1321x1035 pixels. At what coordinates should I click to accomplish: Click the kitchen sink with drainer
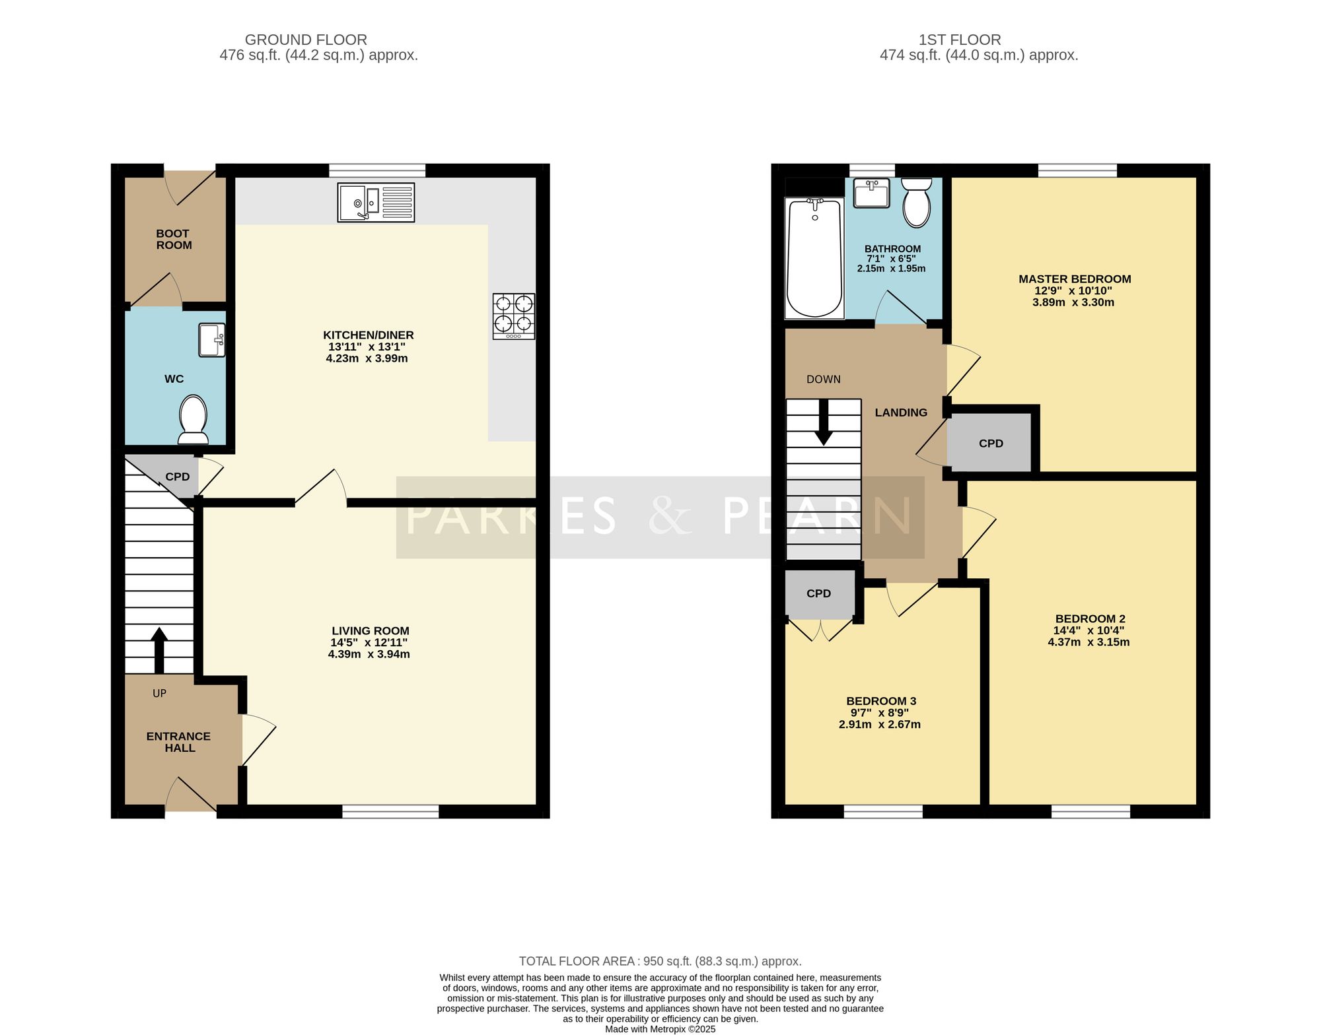(x=376, y=203)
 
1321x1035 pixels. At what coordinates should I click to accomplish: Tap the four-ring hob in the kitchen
(x=514, y=317)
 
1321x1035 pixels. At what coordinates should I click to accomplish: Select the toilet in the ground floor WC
(x=194, y=420)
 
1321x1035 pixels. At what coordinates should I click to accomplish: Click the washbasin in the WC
(x=212, y=340)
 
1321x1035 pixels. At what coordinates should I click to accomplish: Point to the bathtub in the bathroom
(x=814, y=258)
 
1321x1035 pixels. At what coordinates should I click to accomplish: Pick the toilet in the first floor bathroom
(x=916, y=203)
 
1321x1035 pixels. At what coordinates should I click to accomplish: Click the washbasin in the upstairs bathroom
(x=871, y=193)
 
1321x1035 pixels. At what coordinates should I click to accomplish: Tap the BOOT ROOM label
(x=174, y=240)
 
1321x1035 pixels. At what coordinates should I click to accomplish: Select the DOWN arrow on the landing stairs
(x=824, y=422)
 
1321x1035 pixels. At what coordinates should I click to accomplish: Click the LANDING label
(x=901, y=413)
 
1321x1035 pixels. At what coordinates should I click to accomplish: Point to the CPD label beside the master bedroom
(x=991, y=444)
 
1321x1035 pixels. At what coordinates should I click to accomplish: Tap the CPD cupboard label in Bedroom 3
(x=818, y=593)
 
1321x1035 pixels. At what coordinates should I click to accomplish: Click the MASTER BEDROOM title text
(x=1075, y=279)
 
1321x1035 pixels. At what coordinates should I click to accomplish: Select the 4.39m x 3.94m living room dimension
(x=369, y=654)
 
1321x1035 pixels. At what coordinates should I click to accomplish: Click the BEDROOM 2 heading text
(x=1090, y=618)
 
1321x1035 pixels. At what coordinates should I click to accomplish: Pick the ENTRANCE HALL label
(x=179, y=742)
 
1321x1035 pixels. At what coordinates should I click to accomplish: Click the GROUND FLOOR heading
(x=306, y=40)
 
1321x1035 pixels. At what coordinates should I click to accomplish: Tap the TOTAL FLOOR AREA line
(x=660, y=961)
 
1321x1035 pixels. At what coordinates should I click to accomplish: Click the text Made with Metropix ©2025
(x=660, y=1029)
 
